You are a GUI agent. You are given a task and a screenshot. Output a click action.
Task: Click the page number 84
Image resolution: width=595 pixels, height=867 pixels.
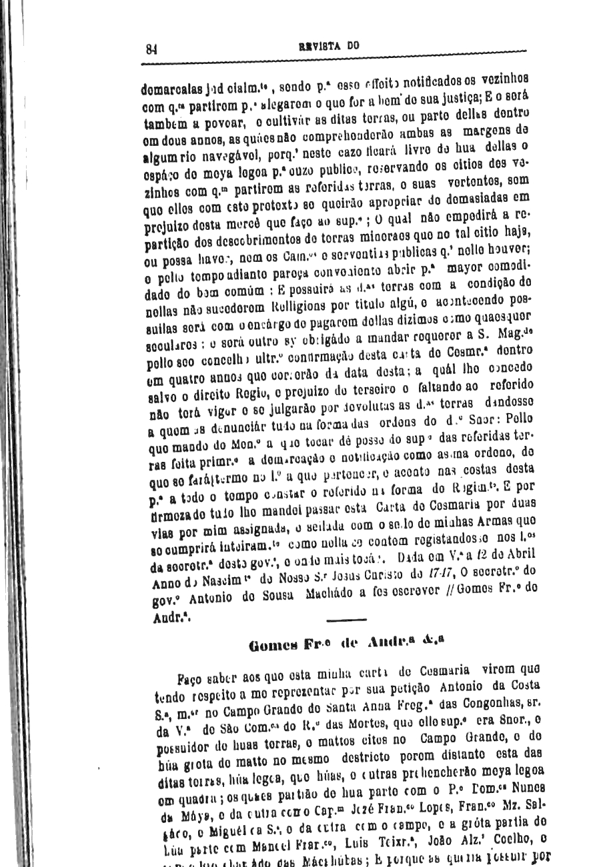(151, 48)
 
